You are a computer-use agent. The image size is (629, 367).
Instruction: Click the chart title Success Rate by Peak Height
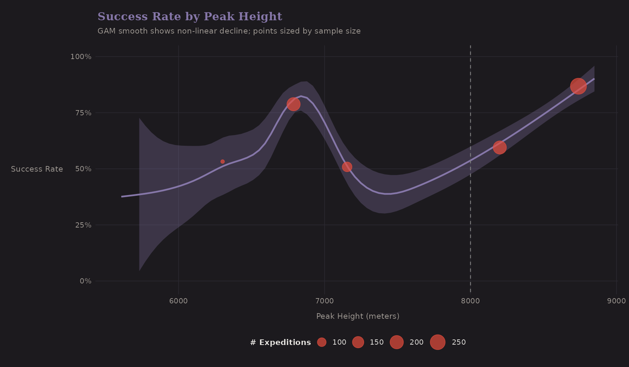click(x=190, y=16)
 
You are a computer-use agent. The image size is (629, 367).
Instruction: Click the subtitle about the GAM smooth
click(x=229, y=31)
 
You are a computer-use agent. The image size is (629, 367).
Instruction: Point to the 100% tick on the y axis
click(x=81, y=57)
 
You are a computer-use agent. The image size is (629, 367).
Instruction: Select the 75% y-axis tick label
click(x=83, y=113)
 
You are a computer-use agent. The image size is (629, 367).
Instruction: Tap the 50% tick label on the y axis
click(x=83, y=169)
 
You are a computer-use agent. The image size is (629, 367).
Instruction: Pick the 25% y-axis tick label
click(x=83, y=225)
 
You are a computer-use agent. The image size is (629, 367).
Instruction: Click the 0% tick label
click(x=85, y=281)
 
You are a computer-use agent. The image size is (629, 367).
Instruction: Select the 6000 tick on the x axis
click(x=178, y=301)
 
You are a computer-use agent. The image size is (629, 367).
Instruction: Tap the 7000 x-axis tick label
click(x=324, y=301)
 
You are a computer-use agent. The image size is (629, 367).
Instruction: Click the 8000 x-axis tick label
click(x=470, y=301)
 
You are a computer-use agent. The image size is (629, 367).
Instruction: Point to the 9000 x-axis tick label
click(x=616, y=301)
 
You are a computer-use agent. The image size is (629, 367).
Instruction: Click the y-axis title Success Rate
click(x=37, y=169)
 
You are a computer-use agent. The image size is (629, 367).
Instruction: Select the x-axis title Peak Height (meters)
click(x=357, y=316)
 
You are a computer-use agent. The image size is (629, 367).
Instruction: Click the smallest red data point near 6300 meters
click(x=223, y=161)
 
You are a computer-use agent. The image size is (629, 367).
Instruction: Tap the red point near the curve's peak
click(x=294, y=104)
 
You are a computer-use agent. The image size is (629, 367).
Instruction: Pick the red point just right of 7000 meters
click(x=347, y=167)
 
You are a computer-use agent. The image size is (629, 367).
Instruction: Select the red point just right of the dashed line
click(x=500, y=147)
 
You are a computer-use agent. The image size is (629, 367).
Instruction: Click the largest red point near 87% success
click(x=578, y=86)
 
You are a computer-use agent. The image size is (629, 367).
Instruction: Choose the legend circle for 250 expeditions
click(x=438, y=342)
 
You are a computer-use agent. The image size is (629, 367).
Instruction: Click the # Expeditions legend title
click(x=280, y=343)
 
